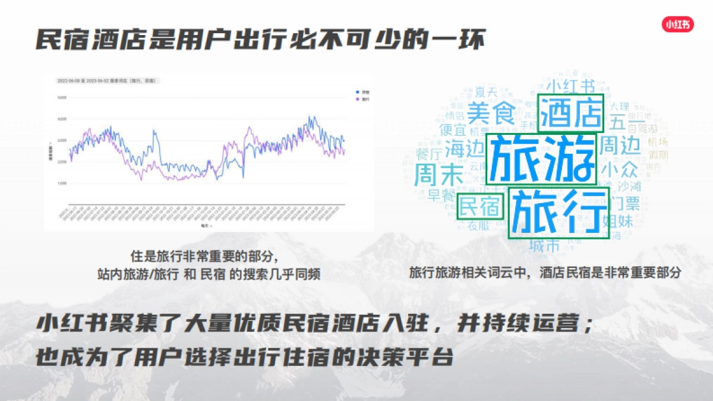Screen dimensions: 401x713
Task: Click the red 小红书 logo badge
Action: [x=678, y=24]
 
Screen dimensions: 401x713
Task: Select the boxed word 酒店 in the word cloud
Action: [x=571, y=113]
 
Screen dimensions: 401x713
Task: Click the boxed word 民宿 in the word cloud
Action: [x=479, y=207]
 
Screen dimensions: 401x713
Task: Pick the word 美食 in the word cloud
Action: [x=490, y=112]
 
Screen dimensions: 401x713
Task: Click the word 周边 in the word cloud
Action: [x=620, y=144]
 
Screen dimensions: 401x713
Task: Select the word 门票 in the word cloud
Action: [x=624, y=204]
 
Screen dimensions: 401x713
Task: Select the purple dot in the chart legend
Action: [x=356, y=99]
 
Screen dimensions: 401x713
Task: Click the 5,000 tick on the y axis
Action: [x=61, y=97]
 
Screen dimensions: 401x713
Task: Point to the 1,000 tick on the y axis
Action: [x=61, y=183]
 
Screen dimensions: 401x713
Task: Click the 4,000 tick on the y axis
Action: [x=61, y=119]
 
